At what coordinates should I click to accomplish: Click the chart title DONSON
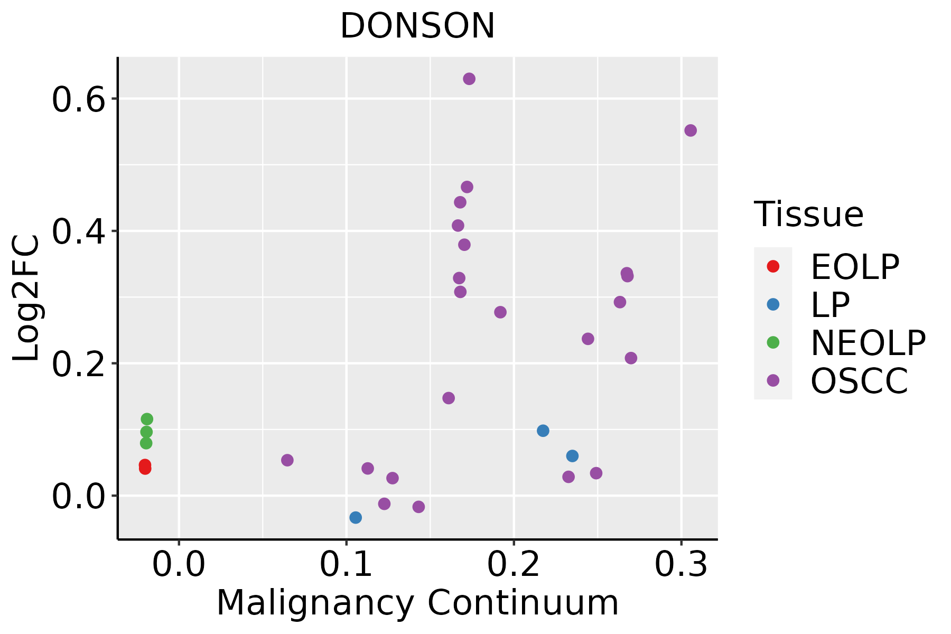(417, 26)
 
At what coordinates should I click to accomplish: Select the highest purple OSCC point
(469, 79)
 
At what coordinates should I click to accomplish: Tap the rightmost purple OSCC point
(691, 130)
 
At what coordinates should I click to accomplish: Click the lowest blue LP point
(356, 517)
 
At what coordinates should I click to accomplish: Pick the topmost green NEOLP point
(147, 419)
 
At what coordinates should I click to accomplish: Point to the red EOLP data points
(145, 467)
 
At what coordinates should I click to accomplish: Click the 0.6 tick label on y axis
(78, 100)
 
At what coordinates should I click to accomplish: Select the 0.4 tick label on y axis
(78, 232)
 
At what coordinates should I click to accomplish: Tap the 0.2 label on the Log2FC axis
(78, 365)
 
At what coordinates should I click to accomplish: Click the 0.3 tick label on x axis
(682, 564)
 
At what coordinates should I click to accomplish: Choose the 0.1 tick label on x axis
(346, 564)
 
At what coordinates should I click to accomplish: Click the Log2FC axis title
(26, 298)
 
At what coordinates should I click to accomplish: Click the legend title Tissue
(809, 214)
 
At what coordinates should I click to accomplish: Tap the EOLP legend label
(855, 267)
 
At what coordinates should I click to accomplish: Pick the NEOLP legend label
(868, 343)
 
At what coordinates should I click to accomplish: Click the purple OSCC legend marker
(773, 380)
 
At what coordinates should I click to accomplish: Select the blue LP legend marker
(773, 304)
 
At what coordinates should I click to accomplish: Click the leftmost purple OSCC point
(287, 460)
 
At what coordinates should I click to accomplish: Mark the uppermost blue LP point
(543, 431)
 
